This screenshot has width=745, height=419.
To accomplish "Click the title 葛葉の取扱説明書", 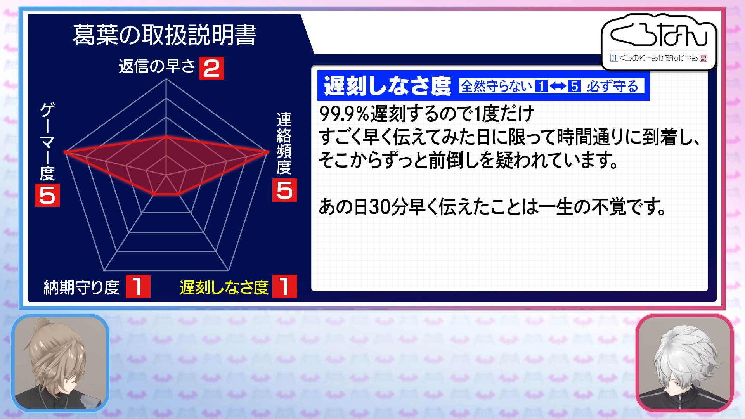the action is pos(165,35).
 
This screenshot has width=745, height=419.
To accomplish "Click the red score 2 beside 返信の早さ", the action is pos(211,68).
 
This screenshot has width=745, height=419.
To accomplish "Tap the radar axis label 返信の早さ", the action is pos(157,66).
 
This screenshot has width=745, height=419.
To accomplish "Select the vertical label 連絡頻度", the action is pos(284,144).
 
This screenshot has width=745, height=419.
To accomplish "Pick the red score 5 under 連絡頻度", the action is pos(285,190).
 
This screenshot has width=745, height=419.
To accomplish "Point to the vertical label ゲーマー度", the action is pos(47,142).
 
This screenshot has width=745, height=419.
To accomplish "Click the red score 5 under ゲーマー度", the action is pos(47,195).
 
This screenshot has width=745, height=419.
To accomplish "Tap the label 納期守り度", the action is pos(81,287).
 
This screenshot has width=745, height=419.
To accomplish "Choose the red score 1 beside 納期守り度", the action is pos(138,286).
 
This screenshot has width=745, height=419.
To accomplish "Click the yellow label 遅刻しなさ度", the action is pos(224,287).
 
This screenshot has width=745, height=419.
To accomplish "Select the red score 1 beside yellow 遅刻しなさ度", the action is pos(285,286).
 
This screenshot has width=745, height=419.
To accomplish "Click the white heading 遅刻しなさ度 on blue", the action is pos(387,86).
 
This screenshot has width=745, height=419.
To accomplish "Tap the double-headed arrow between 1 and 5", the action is pos(558,86).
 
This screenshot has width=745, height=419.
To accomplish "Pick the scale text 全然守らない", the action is pos(497,86).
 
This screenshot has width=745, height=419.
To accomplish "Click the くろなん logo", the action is pos(659,42).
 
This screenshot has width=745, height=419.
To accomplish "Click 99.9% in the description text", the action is pos(344,114).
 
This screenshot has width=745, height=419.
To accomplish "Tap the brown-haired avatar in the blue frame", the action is pos(60,363).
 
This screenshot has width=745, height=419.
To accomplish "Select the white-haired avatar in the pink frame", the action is pos(685,363).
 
